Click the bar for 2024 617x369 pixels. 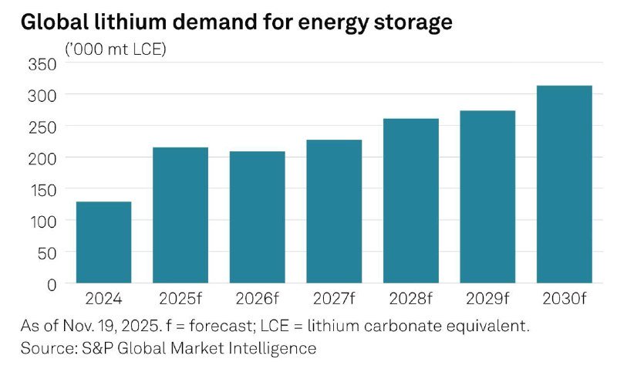click(x=103, y=242)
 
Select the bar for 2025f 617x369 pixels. click(x=180, y=215)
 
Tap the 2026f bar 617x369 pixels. click(x=257, y=218)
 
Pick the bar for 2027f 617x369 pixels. click(x=334, y=212)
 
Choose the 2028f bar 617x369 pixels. click(x=410, y=201)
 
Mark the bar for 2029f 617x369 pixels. click(x=487, y=197)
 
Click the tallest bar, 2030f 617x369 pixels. click(x=564, y=184)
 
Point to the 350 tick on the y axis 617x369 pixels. click(x=42, y=63)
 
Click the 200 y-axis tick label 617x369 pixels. click(x=42, y=158)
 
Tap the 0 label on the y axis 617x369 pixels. click(x=52, y=284)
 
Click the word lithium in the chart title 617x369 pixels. click(x=137, y=23)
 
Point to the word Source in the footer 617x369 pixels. click(x=46, y=348)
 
